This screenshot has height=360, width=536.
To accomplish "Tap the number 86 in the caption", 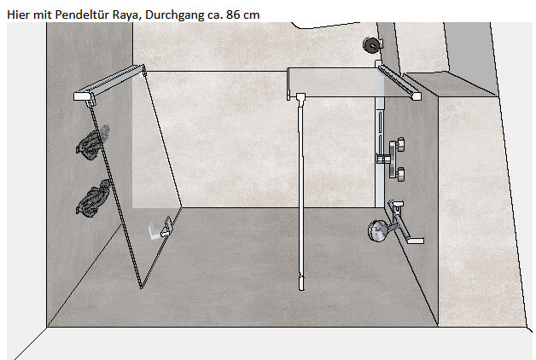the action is pos(233,15).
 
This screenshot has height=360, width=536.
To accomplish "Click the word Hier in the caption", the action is pos(18,15).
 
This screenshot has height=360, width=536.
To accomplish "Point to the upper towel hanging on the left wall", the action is pos(91,142).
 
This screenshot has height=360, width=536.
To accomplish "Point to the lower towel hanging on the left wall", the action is pos(92,199).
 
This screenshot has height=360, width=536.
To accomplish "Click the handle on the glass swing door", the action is pos(166,227).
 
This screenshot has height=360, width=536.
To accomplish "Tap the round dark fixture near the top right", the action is pos(371,44).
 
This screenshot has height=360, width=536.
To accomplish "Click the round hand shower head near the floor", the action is pos(377,231).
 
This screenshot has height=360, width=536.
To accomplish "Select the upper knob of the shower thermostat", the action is pos(399,144).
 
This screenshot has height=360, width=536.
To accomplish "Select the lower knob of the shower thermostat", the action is pos(399,174).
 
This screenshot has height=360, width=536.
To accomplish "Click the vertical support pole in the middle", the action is pos(300,191).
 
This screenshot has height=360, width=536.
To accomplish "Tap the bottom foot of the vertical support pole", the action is pos(301,283).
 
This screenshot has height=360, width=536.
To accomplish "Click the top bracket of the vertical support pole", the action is pos(300,97).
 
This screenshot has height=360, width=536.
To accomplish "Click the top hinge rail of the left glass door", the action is pos(109,82).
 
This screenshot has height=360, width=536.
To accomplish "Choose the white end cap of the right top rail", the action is pos(417,96).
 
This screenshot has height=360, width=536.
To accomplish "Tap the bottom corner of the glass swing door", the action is pos(141,288).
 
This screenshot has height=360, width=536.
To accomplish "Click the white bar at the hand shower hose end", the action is pos(416,241).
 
